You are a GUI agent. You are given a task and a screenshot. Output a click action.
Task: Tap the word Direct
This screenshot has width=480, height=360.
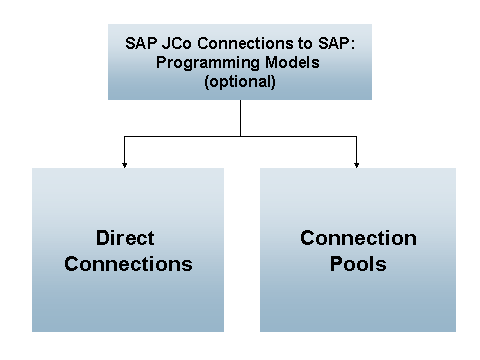127,239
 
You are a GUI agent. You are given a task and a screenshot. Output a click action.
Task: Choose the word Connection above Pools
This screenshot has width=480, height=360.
357,239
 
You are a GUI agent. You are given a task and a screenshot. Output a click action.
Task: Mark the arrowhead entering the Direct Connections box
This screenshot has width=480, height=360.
124,163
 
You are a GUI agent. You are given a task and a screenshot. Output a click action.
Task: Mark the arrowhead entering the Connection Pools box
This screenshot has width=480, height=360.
356,163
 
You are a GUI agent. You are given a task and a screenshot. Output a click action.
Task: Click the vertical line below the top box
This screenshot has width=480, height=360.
240,117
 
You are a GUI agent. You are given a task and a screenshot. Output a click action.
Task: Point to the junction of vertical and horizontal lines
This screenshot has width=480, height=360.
240,135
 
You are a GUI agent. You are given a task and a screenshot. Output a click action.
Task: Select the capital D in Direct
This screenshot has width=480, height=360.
103,239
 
